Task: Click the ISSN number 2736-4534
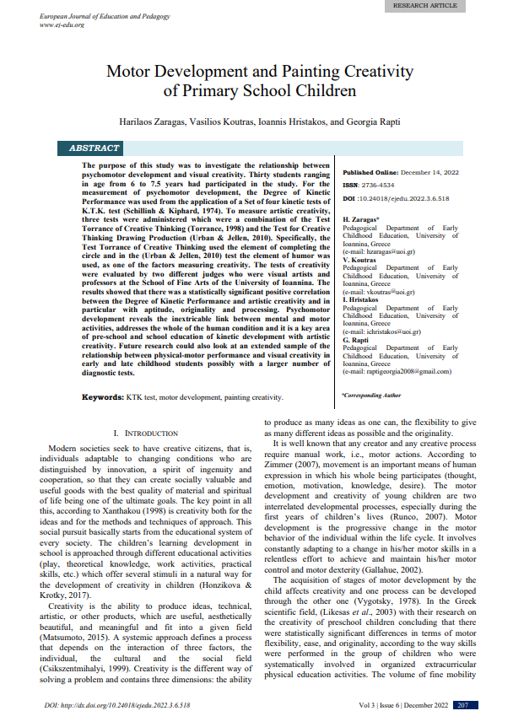tap(381, 185)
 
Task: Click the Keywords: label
tap(104, 396)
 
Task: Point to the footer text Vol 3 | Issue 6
tap(384, 704)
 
